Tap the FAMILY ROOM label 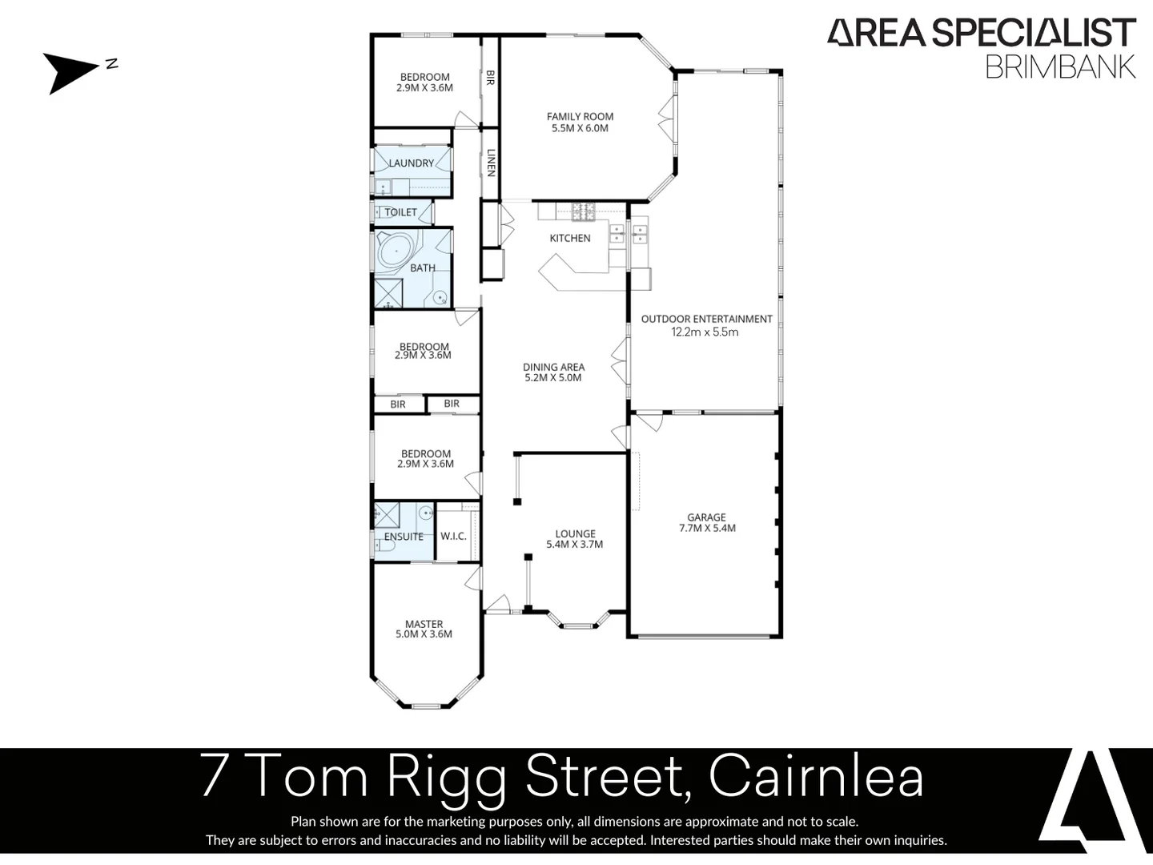point(580,117)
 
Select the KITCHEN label point(570,238)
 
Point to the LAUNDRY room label point(411,163)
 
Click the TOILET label point(400,212)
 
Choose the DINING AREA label point(553,367)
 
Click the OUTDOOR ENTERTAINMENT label point(706,319)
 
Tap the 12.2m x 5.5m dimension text point(705,332)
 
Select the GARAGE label point(706,517)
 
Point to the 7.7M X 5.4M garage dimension point(706,529)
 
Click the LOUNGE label point(575,533)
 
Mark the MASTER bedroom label point(424,624)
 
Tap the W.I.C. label point(453,536)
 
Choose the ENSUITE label point(404,537)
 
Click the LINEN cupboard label point(491,163)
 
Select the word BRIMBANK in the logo point(1060,66)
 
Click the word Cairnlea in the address point(816,776)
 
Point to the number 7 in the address point(215,776)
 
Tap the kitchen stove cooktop point(583,211)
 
